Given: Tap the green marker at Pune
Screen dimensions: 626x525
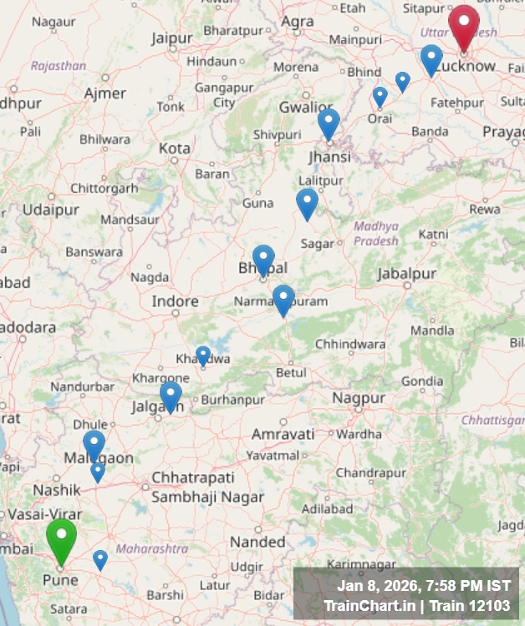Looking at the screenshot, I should click(x=61, y=538).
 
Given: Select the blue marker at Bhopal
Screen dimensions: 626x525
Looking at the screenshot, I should click(x=263, y=259).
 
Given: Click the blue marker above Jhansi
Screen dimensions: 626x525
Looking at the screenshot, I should click(x=329, y=123).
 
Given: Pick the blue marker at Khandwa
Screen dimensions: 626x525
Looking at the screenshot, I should click(x=203, y=356).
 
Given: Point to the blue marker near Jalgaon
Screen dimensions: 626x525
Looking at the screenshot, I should click(x=171, y=396).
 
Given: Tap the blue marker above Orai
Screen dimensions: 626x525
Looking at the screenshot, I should click(x=380, y=97).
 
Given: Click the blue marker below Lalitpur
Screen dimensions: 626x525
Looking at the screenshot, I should click(x=307, y=203).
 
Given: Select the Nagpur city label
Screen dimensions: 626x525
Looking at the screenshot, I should click(x=359, y=399).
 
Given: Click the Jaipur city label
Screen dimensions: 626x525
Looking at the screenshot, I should click(x=172, y=38).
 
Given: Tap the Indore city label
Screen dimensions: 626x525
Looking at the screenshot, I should click(x=175, y=301).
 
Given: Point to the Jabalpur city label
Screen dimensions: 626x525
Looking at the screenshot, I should click(x=407, y=274).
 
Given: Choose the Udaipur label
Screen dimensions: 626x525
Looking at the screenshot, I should click(x=51, y=210).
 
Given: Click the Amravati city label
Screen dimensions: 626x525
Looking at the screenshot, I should click(x=283, y=434).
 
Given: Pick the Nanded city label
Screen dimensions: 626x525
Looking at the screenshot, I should click(x=257, y=542).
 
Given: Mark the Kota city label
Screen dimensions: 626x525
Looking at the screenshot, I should click(x=175, y=148).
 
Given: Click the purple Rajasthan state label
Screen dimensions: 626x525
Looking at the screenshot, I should click(x=59, y=65).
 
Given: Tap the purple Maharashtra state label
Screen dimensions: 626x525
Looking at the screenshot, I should click(x=152, y=548).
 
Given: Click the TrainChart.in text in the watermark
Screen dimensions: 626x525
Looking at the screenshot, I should click(x=365, y=605).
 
